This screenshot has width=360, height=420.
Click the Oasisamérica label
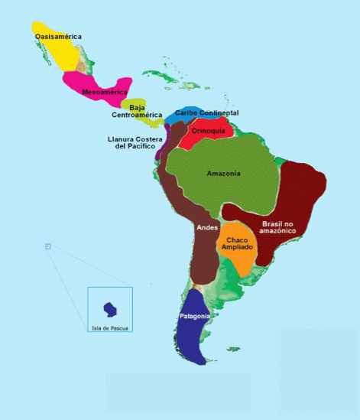point(58,36)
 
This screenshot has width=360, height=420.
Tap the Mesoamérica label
point(104,92)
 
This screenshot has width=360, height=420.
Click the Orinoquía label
point(209,130)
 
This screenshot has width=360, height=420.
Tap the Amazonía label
point(223,173)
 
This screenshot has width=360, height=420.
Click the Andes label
point(207,227)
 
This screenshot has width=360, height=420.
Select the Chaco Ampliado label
point(237,244)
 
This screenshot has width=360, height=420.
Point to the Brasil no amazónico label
point(283,227)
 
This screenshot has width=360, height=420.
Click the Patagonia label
point(195,316)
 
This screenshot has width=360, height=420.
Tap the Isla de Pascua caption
point(110,328)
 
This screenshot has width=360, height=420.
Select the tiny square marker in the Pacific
point(47,246)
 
